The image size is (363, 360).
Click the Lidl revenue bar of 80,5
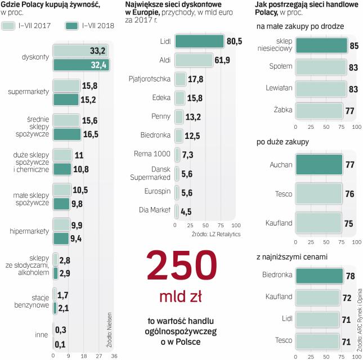tap(199, 42)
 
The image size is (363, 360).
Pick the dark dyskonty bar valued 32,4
tap(80, 65)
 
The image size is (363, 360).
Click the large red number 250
tap(181, 266)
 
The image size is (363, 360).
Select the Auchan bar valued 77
tap(319, 165)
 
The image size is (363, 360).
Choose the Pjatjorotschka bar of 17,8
tap(181, 79)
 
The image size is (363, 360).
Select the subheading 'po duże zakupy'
tap(283, 142)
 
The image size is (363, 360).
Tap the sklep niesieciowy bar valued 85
tap(321, 46)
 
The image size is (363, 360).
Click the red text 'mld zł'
tap(181, 296)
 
